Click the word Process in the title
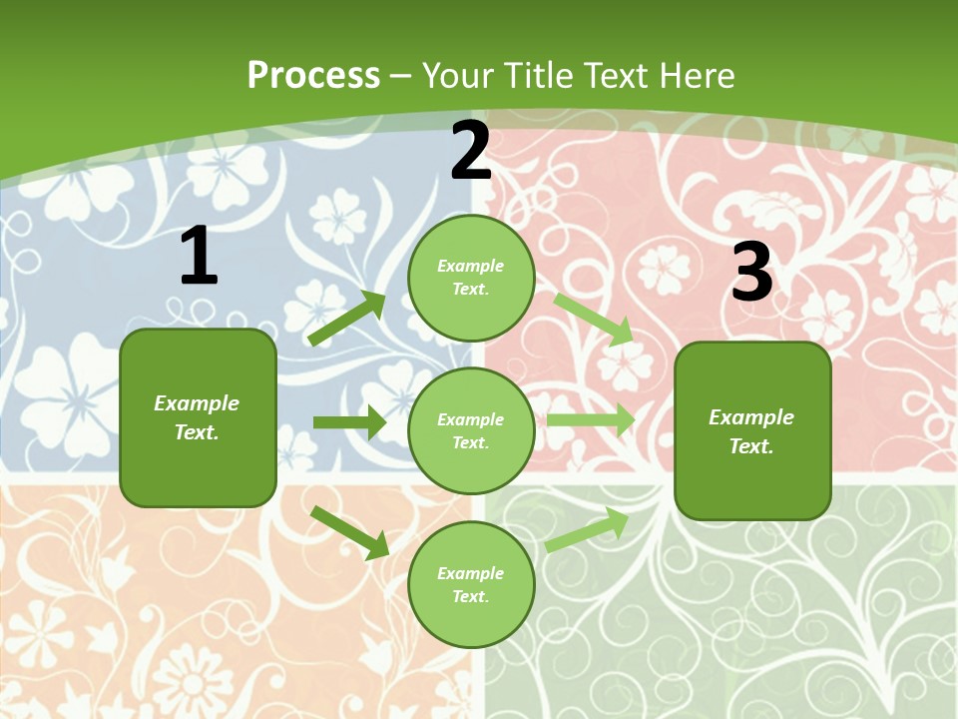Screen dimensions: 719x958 pyautogui.click(x=313, y=76)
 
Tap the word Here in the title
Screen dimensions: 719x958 pyautogui.click(x=696, y=76)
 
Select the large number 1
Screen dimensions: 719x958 pyautogui.click(x=199, y=256)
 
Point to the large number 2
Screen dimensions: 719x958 pyautogui.click(x=471, y=151)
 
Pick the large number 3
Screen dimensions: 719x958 pyautogui.click(x=751, y=272)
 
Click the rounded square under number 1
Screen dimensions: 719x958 pyautogui.click(x=198, y=417)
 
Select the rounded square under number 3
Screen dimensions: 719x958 pyautogui.click(x=752, y=430)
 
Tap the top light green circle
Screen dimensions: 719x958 pyautogui.click(x=471, y=278)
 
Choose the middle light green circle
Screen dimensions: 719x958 pyautogui.click(x=471, y=431)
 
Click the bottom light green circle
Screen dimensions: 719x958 pyautogui.click(x=471, y=585)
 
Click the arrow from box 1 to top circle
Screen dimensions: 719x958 pyautogui.click(x=347, y=319)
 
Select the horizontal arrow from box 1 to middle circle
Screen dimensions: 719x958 pyautogui.click(x=349, y=422)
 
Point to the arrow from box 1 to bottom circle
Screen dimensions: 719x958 pyautogui.click(x=349, y=532)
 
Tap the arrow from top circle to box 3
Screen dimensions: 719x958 pyautogui.click(x=594, y=319)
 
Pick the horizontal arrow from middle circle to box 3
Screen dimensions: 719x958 pyautogui.click(x=591, y=420)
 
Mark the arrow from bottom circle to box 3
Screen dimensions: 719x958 pyautogui.click(x=587, y=529)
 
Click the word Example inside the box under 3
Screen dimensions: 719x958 pyautogui.click(x=751, y=417)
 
